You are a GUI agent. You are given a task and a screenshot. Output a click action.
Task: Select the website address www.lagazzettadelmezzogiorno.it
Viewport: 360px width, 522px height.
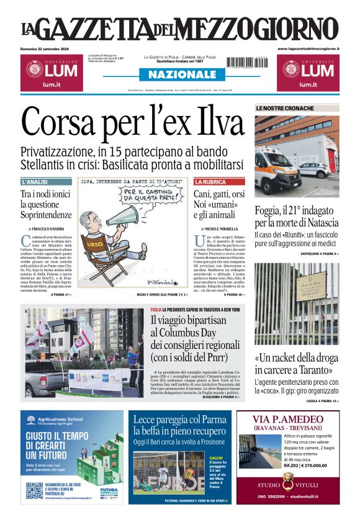click(308, 48)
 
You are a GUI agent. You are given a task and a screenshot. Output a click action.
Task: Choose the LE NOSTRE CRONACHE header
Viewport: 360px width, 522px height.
click(285, 109)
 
